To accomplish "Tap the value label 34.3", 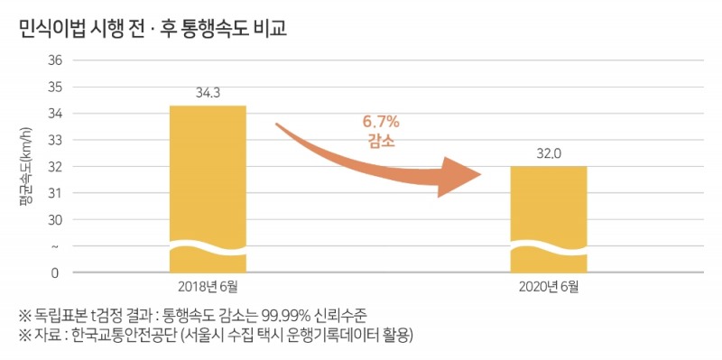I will [x=208, y=93].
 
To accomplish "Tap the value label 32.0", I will [x=549, y=154].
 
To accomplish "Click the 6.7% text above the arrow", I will [x=381, y=122].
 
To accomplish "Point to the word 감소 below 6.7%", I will [x=381, y=142].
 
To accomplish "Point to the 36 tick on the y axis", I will [x=54, y=60].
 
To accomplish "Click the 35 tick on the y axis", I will [x=54, y=88].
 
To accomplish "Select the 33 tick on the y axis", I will [x=54, y=141].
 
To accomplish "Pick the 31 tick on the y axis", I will [x=54, y=193].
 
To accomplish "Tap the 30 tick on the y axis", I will [x=54, y=220].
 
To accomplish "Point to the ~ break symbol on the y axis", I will [x=56, y=246].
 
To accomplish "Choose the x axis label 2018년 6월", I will [x=208, y=287].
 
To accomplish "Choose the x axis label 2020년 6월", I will [x=549, y=287].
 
